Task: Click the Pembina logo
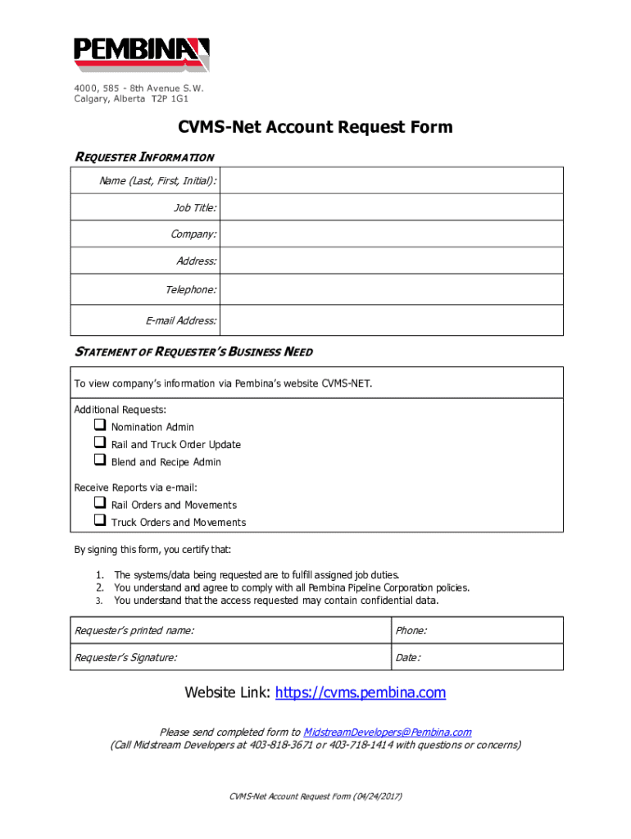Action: click(x=142, y=54)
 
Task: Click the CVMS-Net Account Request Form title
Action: click(x=315, y=127)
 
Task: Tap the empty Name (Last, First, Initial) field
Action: click(x=392, y=180)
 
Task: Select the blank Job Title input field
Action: click(x=392, y=208)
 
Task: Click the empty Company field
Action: click(x=392, y=234)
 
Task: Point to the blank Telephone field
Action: click(x=392, y=289)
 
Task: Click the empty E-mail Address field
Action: click(x=392, y=320)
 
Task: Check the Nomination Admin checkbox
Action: click(x=100, y=426)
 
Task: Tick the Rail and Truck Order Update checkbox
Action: click(x=100, y=443)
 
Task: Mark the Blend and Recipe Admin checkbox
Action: click(x=100, y=461)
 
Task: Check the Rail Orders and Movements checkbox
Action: click(x=100, y=504)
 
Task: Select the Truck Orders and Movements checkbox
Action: click(x=100, y=521)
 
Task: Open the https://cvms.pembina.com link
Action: click(x=361, y=693)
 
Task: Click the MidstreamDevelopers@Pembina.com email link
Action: click(x=387, y=732)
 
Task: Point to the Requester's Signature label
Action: click(x=125, y=657)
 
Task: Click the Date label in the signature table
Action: click(x=408, y=657)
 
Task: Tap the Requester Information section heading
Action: click(x=144, y=156)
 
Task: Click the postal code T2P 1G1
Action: click(x=170, y=99)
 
